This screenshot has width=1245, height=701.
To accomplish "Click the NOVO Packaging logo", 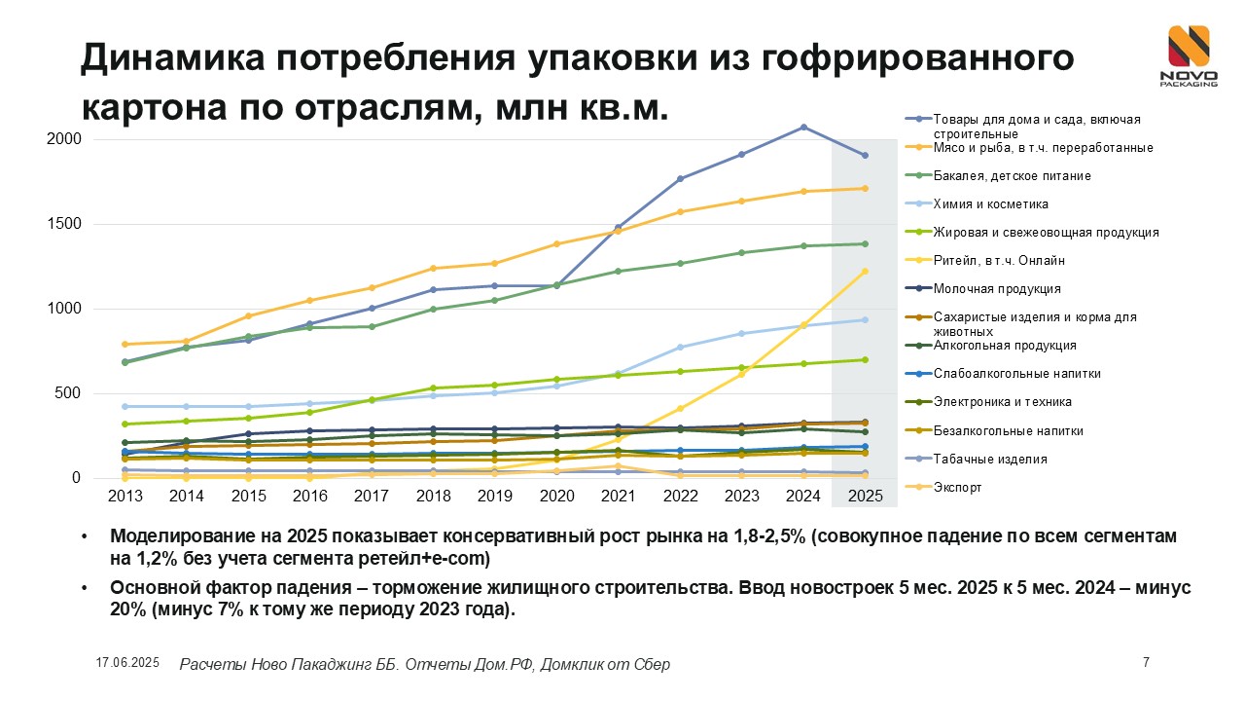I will click(x=1188, y=56).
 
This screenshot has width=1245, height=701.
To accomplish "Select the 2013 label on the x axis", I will click(x=124, y=496).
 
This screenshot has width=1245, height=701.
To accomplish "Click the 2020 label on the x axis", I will click(x=556, y=496).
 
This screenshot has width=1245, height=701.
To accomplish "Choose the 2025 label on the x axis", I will click(x=866, y=496).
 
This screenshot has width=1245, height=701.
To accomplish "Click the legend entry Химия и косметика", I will click(x=977, y=204).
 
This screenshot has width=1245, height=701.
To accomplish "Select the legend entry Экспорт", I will click(x=957, y=487).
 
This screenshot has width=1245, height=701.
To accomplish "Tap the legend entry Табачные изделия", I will click(x=989, y=459).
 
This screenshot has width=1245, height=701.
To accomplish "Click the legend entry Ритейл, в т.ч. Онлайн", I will click(x=999, y=261).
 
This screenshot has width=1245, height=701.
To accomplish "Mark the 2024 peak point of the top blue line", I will click(x=803, y=127).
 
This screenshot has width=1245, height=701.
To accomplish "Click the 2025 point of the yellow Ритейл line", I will click(x=866, y=272).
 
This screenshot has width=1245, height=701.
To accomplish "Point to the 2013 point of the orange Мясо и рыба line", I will click(x=124, y=344).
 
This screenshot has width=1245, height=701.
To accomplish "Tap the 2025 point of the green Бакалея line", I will click(x=866, y=244).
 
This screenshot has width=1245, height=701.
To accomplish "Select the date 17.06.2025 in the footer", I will click(x=127, y=663).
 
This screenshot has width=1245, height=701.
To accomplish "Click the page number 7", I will click(x=1146, y=663).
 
